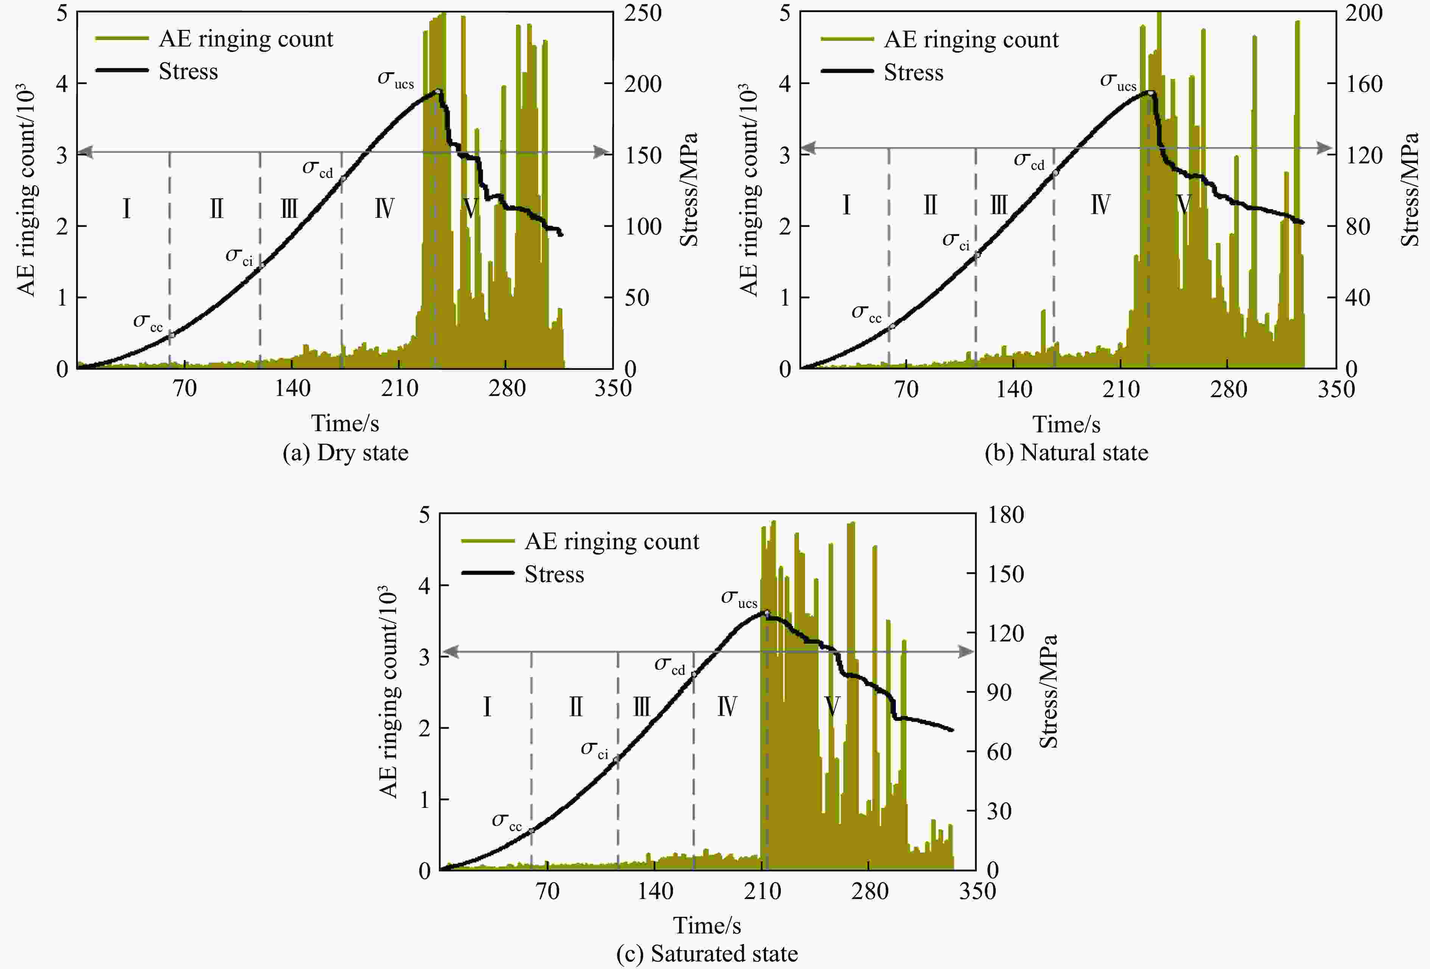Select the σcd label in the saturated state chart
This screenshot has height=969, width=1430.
(670, 665)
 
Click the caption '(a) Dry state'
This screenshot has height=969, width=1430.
(345, 453)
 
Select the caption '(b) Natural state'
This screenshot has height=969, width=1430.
(1066, 453)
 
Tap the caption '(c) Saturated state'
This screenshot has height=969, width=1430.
(707, 953)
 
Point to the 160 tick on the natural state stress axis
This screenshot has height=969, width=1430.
(1363, 84)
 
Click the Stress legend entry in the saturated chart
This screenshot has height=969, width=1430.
(554, 574)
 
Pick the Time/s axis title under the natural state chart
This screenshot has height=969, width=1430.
(1066, 424)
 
